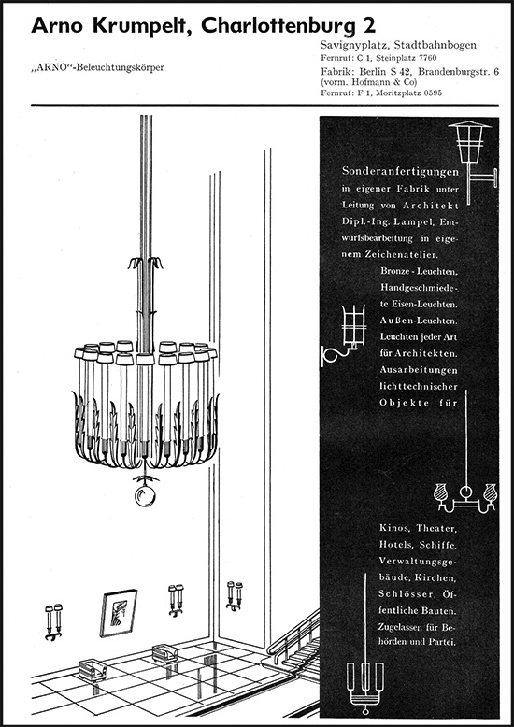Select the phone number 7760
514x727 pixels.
point(427,58)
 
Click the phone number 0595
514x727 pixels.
point(432,93)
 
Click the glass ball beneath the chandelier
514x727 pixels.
point(145,495)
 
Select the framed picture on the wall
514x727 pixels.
point(119,613)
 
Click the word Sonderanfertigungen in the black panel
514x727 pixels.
point(400,171)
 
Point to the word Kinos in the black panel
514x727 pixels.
point(394,528)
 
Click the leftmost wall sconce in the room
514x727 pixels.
point(53,622)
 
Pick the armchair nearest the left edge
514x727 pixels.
point(93,670)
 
